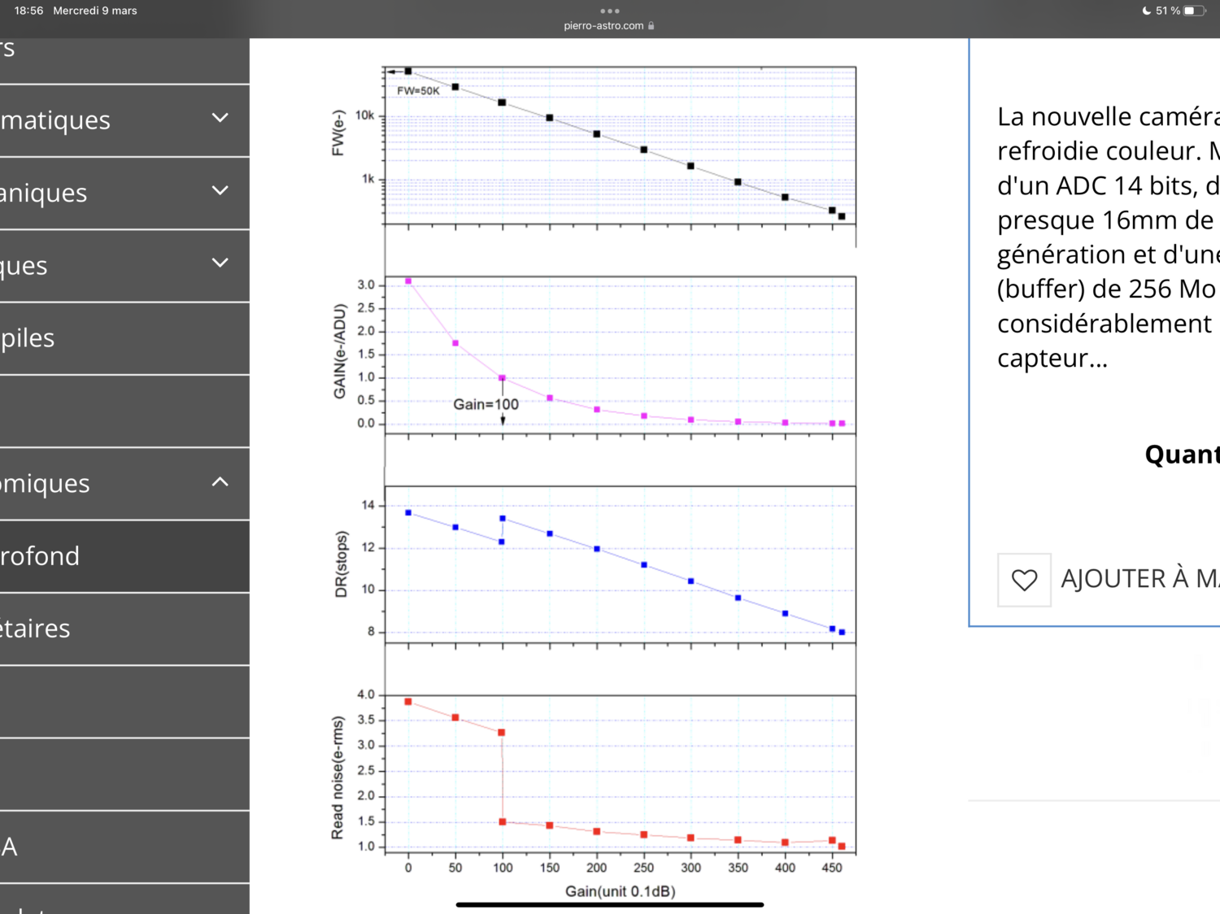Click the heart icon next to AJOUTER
[1024, 580]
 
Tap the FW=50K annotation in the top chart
[418, 91]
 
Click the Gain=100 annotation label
[486, 404]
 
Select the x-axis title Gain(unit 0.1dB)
[620, 891]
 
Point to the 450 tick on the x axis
[832, 868]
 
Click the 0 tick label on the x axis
[408, 868]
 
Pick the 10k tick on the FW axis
[364, 115]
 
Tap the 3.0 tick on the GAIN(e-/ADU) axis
[366, 285]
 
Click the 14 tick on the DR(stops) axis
[368, 505]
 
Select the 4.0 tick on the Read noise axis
[366, 694]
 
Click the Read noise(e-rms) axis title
[338, 777]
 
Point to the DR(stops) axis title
[342, 564]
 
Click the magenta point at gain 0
[408, 281]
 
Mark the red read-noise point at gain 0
[408, 702]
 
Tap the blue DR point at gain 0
[408, 512]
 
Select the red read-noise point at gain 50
[455, 717]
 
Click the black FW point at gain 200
[597, 134]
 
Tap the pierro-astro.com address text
[603, 26]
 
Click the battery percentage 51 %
[1167, 11]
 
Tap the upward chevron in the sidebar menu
[220, 481]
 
